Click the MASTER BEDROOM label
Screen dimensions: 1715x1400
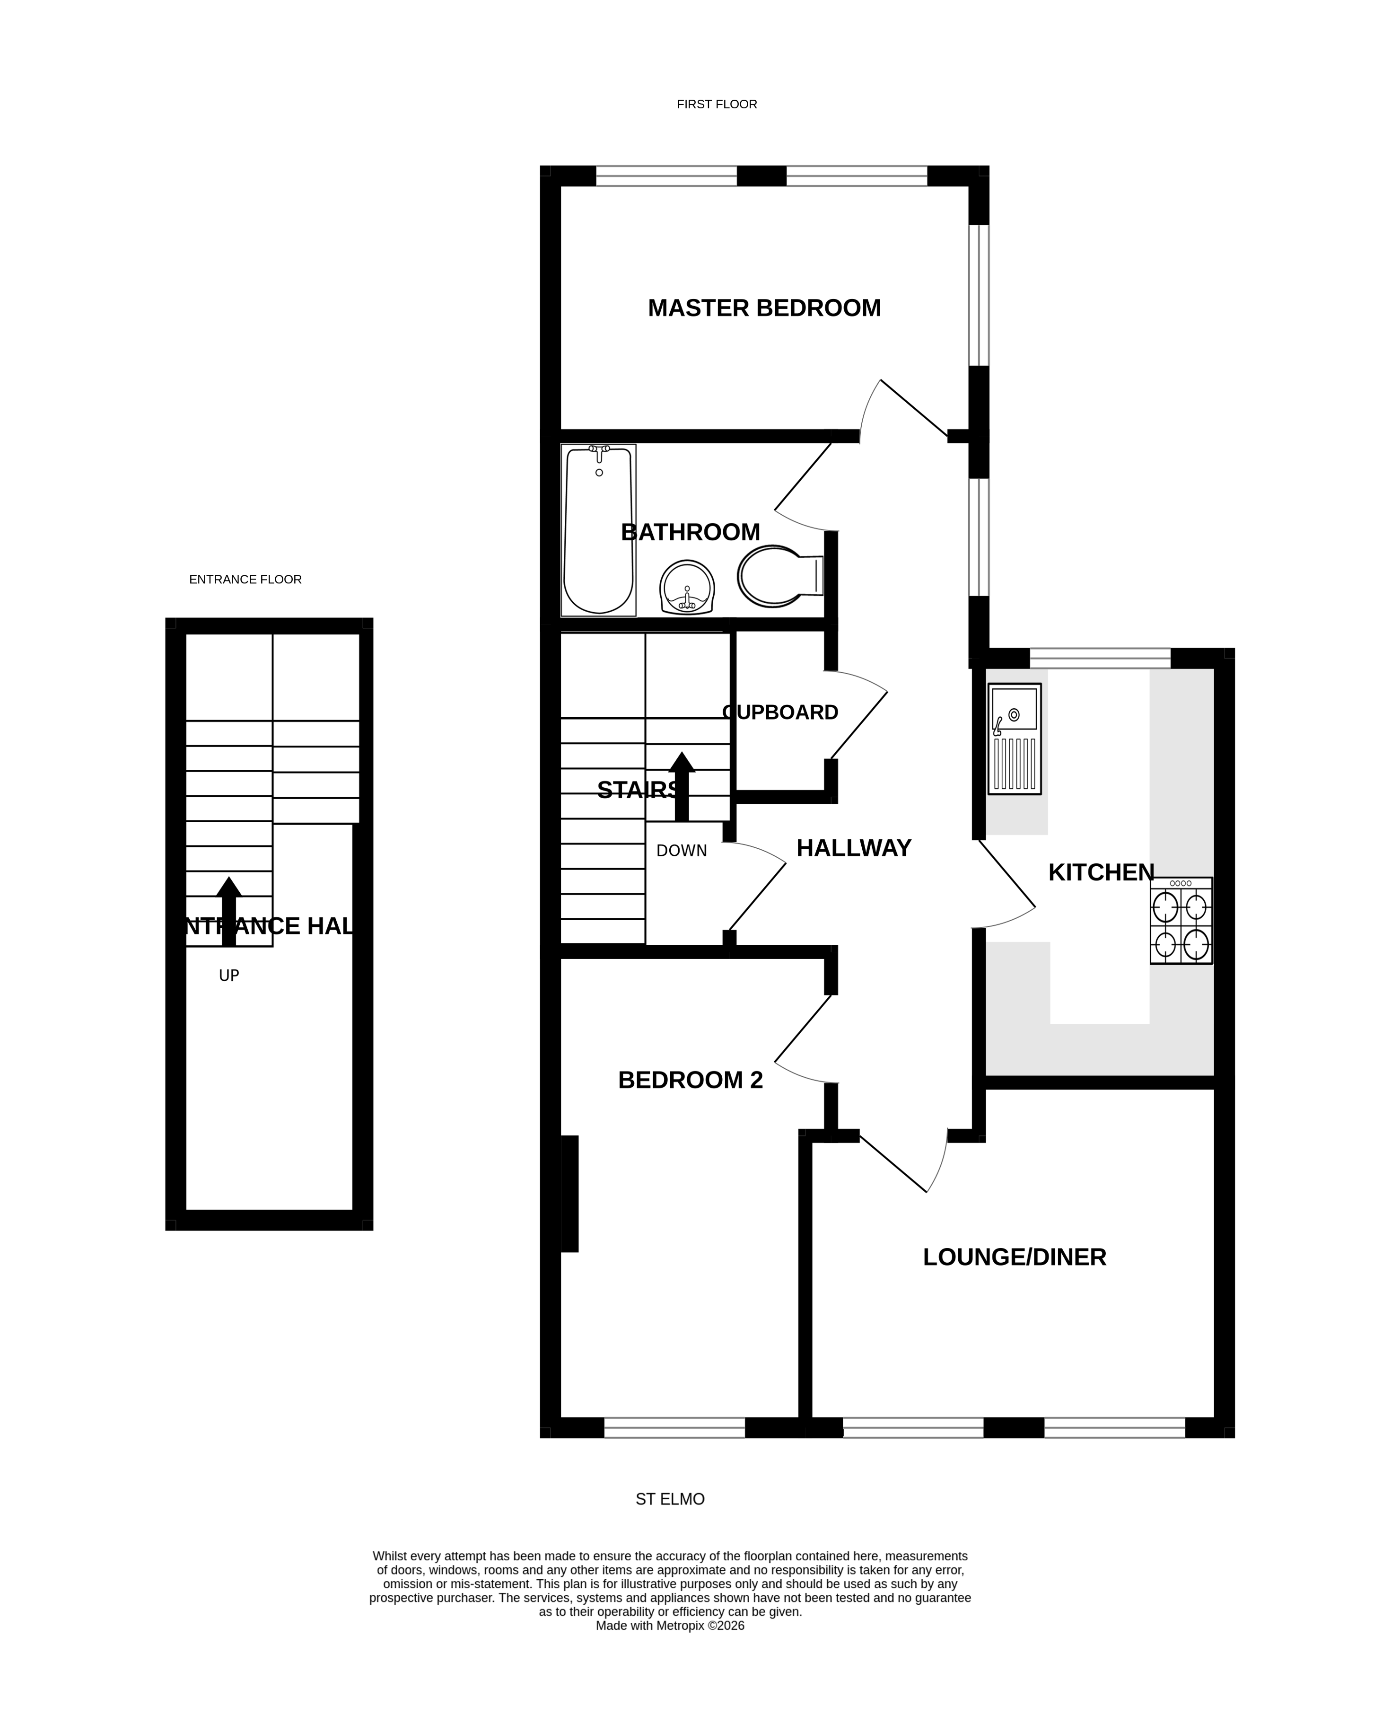click(764, 308)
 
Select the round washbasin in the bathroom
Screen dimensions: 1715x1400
click(687, 587)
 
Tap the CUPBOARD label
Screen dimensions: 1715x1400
click(780, 712)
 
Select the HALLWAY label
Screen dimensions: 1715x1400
click(853, 848)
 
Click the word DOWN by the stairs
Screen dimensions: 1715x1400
click(682, 850)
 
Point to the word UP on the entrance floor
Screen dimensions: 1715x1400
click(229, 975)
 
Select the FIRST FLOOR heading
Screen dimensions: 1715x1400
click(716, 104)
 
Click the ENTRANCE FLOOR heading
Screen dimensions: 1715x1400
click(245, 579)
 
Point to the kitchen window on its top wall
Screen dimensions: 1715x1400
click(1099, 658)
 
